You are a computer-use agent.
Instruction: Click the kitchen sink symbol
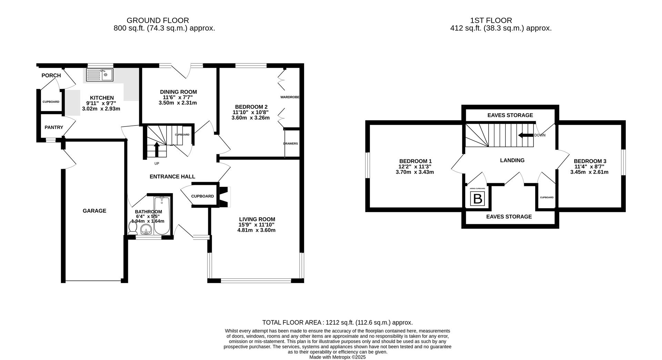99,75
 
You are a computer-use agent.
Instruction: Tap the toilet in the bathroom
132,228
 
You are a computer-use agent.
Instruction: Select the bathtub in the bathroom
161,216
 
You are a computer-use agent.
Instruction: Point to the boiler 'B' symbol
478,199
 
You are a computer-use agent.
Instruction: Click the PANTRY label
54,127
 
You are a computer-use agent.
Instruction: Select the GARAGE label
94,211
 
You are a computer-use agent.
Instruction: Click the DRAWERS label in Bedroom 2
290,143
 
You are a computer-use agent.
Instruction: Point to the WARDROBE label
290,97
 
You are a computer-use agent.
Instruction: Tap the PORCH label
51,75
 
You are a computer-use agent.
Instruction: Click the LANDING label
512,160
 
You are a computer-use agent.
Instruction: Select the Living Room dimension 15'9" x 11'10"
257,225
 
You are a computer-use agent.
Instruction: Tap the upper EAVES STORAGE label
510,115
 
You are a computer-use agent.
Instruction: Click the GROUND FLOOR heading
158,21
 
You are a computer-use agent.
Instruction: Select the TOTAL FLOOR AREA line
337,323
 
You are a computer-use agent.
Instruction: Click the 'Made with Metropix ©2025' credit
337,357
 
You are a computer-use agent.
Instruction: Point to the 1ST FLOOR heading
491,21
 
